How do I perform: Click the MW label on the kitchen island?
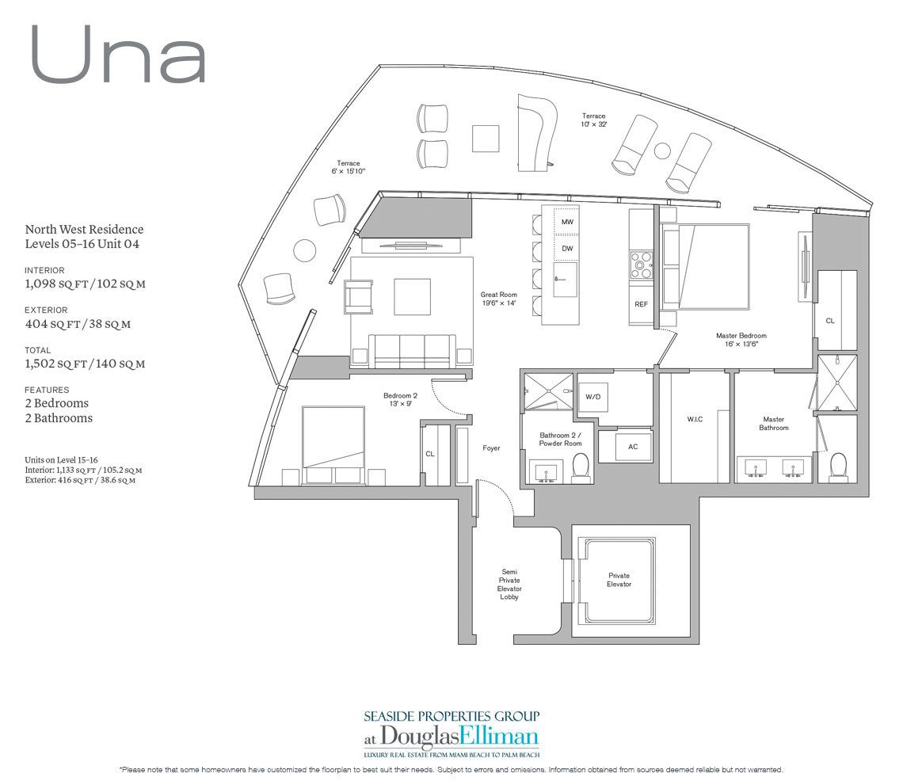coord(567,222)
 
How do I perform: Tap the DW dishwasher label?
coord(567,248)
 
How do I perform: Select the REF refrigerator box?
coord(641,304)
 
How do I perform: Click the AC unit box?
coord(632,447)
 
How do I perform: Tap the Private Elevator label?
coord(619,580)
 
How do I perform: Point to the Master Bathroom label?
coord(773,424)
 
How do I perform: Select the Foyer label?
coord(491,448)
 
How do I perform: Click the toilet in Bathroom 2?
coord(581,467)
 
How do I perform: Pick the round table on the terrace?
coord(305,250)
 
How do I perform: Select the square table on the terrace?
coord(486,138)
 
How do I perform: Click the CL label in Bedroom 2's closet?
coord(430,454)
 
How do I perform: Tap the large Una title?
coord(119,55)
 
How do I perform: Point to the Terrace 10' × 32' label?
coord(594,120)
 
